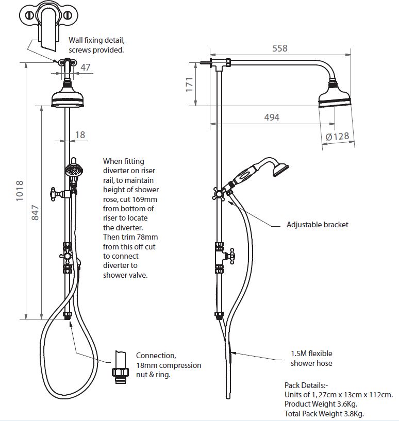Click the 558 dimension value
click(280, 48)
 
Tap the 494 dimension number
click(272, 117)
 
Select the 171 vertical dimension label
click(189, 85)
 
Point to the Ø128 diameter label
click(337, 137)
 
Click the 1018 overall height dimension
click(20, 191)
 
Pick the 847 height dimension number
click(35, 213)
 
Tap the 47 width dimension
click(86, 67)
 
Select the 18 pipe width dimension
click(80, 135)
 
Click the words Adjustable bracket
click(318, 225)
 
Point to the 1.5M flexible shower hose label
click(311, 358)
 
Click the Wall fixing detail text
click(96, 40)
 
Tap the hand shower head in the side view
click(280, 170)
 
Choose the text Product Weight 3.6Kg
click(321, 404)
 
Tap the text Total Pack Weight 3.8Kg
click(324, 413)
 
